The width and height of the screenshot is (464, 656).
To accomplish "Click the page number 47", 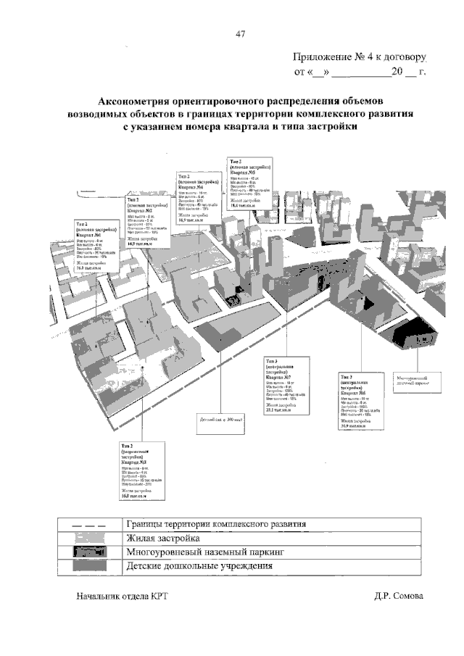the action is click(x=240, y=33).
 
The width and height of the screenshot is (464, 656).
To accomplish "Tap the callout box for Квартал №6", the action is click(x=361, y=402).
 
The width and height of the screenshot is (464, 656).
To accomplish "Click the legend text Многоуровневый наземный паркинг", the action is click(x=207, y=552).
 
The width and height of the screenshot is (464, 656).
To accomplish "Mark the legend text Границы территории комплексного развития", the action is click(x=217, y=524).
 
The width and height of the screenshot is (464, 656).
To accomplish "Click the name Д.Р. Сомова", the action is click(x=399, y=596).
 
